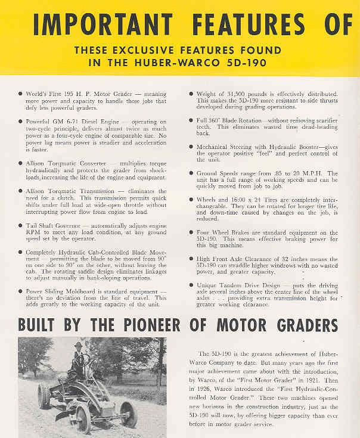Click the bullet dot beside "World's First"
tap(21, 94)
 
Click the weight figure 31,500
tap(247, 94)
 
